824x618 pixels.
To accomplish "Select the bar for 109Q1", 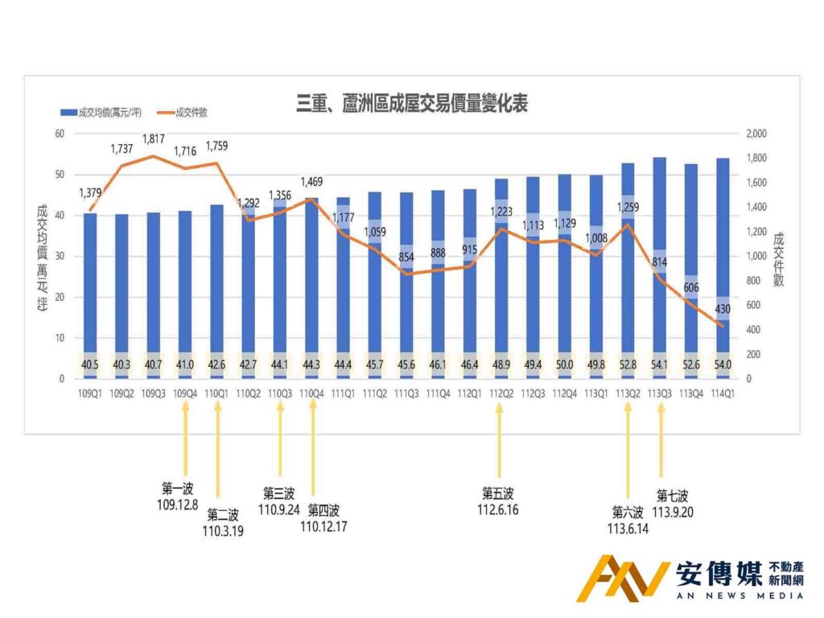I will click(89, 290).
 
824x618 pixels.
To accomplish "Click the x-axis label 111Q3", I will click(406, 393).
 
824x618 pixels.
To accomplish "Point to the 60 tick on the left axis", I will click(59, 134).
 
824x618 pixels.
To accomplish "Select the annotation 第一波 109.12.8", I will click(179, 496).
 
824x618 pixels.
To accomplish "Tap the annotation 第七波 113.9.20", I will click(672, 503).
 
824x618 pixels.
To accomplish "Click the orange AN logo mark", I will click(623, 579).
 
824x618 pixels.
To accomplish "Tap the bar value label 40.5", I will click(89, 365).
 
